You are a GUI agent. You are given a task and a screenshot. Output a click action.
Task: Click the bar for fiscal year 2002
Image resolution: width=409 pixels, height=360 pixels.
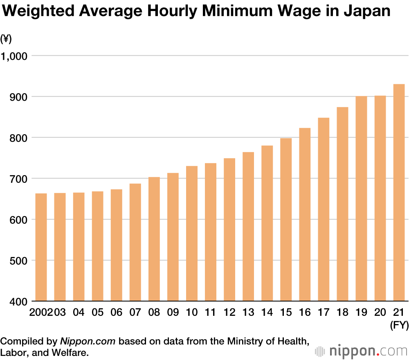click(41, 247)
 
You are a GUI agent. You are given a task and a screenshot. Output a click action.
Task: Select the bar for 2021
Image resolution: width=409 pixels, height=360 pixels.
click(399, 192)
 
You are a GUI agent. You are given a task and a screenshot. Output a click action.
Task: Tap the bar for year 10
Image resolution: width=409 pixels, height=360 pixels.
click(192, 233)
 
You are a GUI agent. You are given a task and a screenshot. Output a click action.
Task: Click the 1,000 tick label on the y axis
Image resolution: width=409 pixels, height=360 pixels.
click(14, 56)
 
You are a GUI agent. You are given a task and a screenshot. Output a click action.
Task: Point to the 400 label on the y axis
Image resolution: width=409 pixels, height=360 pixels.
click(19, 302)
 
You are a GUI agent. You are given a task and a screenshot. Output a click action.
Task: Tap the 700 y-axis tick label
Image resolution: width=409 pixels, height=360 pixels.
click(19, 179)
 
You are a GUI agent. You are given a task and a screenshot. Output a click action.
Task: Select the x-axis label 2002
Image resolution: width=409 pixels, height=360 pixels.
click(41, 313)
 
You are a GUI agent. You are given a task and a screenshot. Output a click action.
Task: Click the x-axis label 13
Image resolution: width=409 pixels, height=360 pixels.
click(248, 313)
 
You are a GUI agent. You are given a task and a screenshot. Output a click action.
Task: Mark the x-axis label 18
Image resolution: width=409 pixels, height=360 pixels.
click(342, 313)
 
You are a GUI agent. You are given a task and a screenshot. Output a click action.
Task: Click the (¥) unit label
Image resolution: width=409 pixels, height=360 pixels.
click(6, 39)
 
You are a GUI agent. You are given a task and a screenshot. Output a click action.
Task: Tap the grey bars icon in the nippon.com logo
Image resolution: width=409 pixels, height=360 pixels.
click(321, 351)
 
